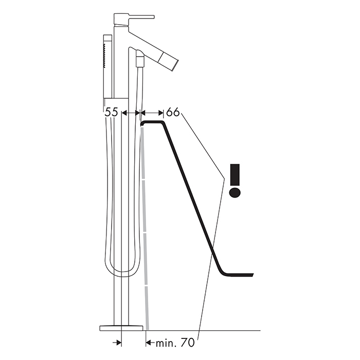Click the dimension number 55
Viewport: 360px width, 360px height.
111,112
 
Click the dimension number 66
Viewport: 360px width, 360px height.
173,112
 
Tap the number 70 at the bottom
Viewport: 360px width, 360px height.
188,343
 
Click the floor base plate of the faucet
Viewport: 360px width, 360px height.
121,328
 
